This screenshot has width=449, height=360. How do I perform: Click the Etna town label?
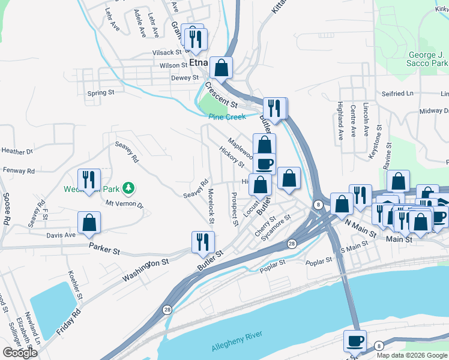[198, 62]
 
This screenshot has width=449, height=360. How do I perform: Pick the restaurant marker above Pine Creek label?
[274, 109]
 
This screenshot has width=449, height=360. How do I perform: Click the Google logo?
[20, 353]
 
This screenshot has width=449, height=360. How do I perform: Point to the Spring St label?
[100, 93]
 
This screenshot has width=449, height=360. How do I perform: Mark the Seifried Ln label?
[397, 94]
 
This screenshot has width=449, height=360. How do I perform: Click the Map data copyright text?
[412, 355]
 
